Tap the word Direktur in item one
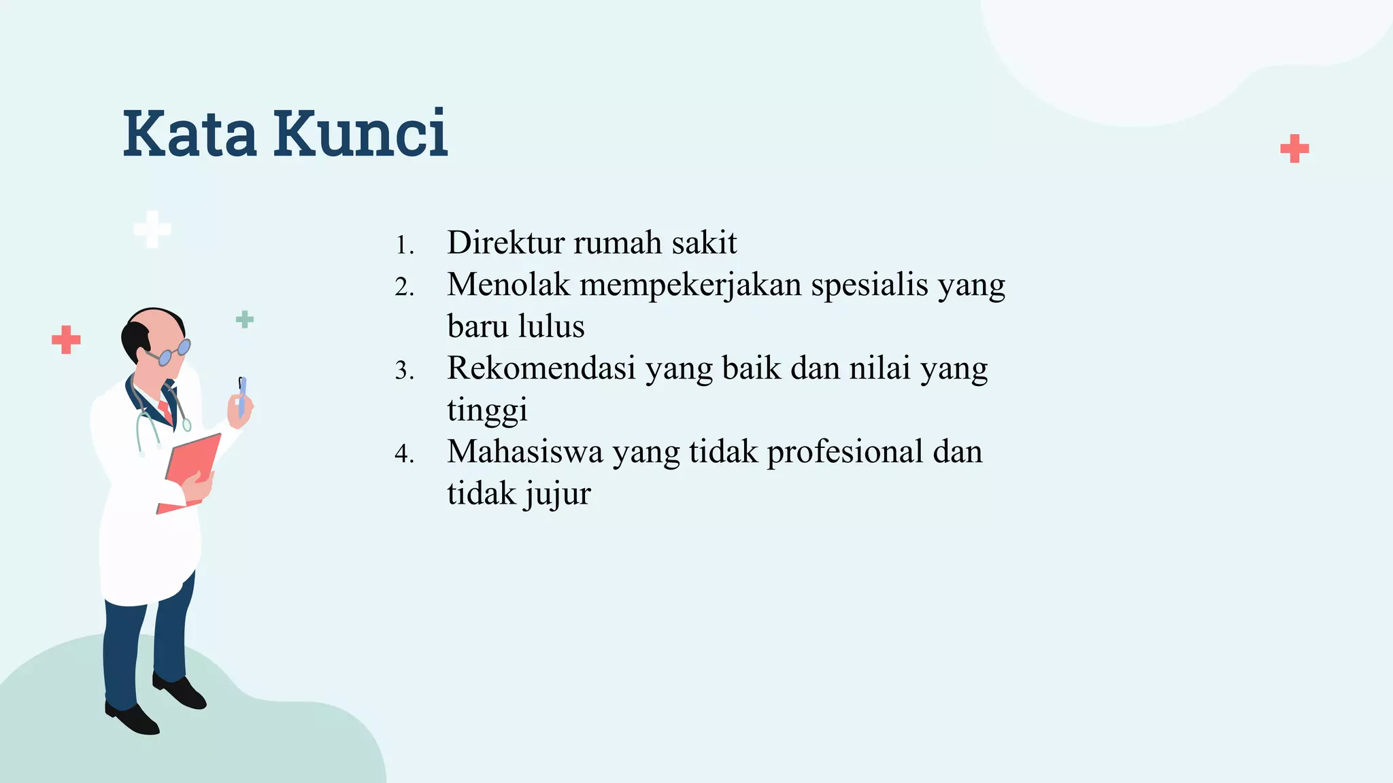click(x=505, y=243)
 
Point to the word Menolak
click(x=508, y=285)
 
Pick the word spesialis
click(x=870, y=285)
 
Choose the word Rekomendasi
click(x=541, y=368)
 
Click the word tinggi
click(x=487, y=411)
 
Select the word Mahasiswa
click(x=524, y=452)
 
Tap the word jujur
click(x=557, y=494)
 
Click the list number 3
click(x=404, y=371)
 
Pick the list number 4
click(x=404, y=454)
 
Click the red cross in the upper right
click(x=1294, y=149)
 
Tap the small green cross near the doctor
click(x=245, y=319)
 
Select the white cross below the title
click(x=152, y=229)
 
